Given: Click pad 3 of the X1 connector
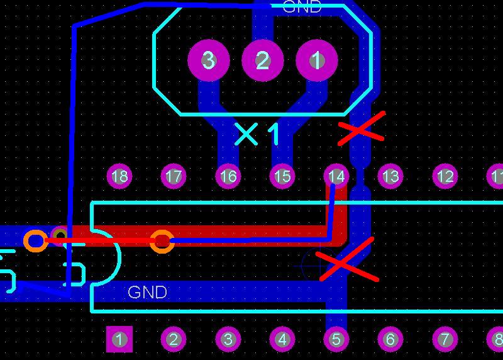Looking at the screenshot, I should [x=208, y=60].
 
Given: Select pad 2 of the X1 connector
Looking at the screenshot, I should [x=263, y=60].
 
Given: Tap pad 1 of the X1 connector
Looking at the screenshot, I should [x=317, y=60].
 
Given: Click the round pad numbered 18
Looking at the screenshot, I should [x=119, y=176].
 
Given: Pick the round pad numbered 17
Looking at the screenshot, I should [x=174, y=176].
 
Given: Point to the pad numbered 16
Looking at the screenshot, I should [x=228, y=176].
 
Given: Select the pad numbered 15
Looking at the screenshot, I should [x=282, y=176].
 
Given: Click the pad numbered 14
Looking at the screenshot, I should [x=336, y=176].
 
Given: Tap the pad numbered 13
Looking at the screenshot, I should [x=390, y=176].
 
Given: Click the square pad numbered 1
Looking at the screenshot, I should [x=119, y=340].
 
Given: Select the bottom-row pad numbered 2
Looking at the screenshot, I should [x=174, y=340].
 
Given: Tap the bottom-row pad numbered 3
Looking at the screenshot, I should [x=228, y=340].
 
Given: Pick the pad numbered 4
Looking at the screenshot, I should [x=282, y=340].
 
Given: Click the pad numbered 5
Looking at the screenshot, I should [x=336, y=340].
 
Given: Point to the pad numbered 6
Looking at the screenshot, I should [x=390, y=340].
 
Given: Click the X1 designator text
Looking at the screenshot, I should [x=258, y=134].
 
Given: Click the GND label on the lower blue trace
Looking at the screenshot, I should [x=147, y=293].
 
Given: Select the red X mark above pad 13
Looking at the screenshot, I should [x=362, y=130].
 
